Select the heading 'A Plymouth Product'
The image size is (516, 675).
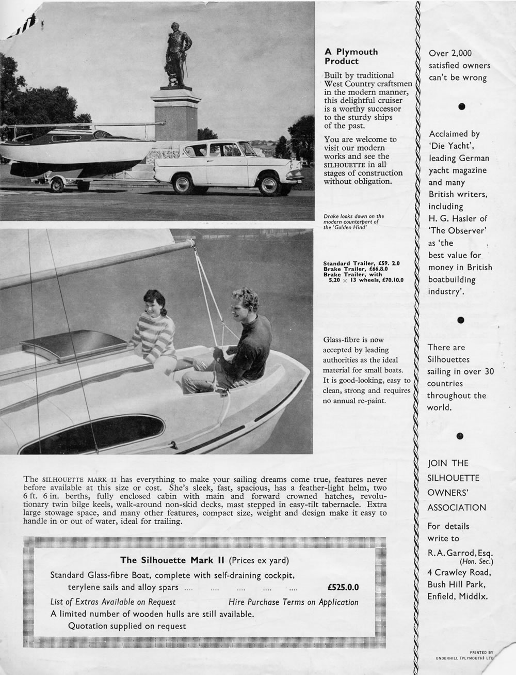tap(351, 56)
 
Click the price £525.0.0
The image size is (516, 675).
tap(343, 587)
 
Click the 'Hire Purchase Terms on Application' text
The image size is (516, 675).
tap(293, 602)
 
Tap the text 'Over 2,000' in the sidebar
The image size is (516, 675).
tap(450, 53)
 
